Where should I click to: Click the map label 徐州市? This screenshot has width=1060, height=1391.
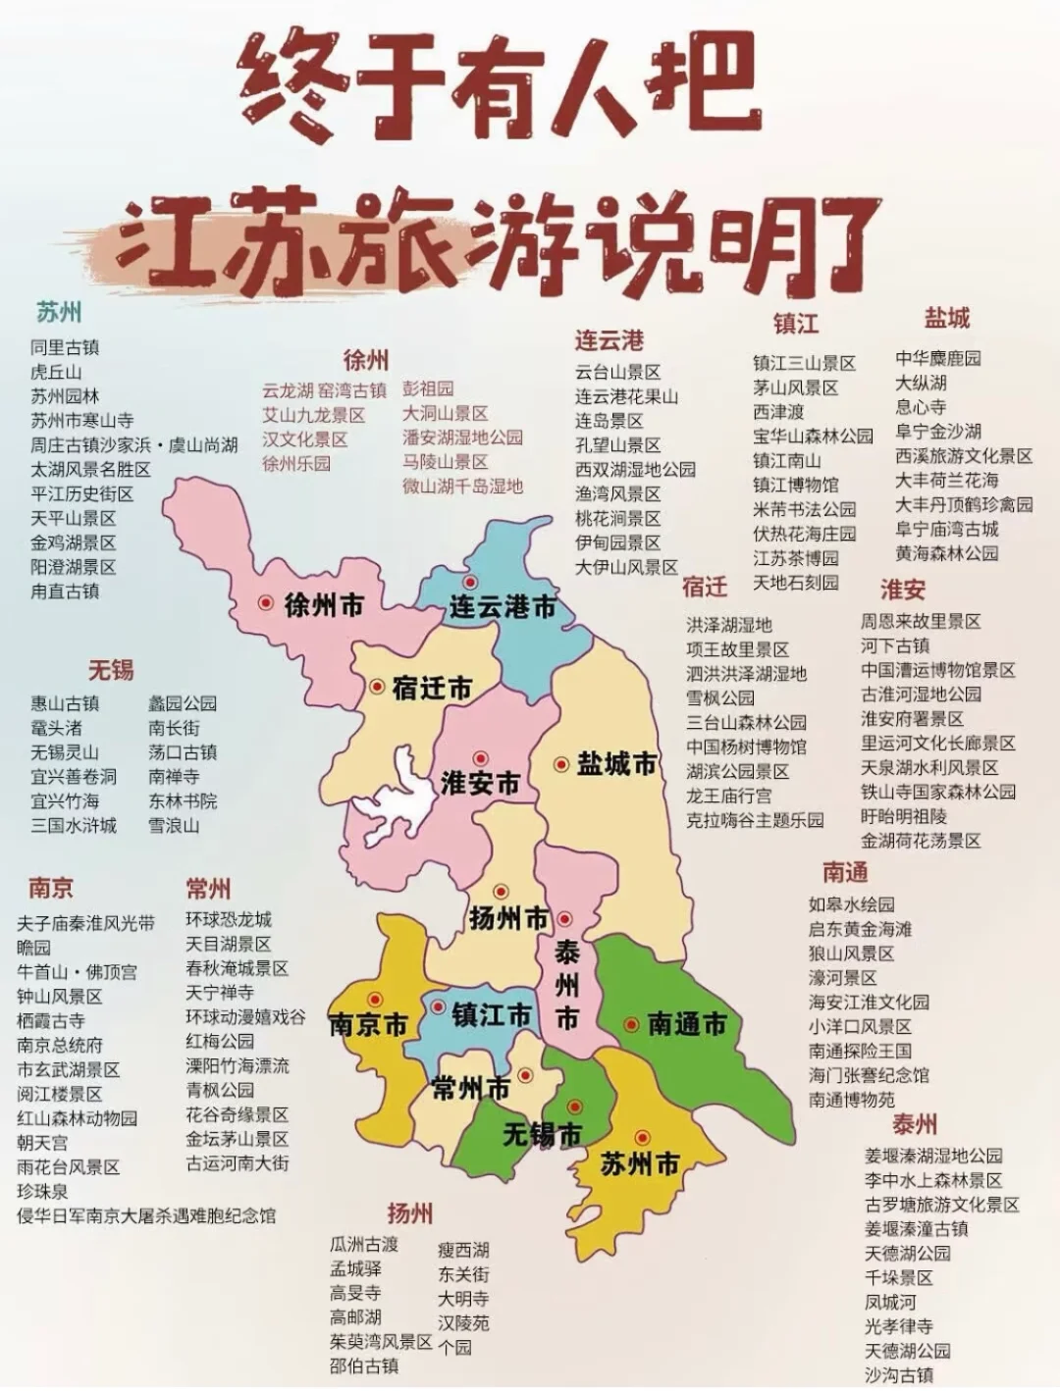(x=323, y=605)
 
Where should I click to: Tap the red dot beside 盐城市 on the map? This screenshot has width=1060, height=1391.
(x=561, y=764)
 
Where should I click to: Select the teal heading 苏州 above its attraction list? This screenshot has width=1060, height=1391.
(x=59, y=313)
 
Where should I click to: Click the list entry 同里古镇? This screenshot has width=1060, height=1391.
(x=65, y=348)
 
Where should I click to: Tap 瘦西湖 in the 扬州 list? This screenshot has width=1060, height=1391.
(x=463, y=1251)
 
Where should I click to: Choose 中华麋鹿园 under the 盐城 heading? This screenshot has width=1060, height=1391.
(x=937, y=359)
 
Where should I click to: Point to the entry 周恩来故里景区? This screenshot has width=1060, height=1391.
(x=921, y=622)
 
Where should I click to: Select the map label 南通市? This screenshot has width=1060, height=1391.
(x=686, y=1025)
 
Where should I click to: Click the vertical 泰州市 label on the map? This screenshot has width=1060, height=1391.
(x=566, y=985)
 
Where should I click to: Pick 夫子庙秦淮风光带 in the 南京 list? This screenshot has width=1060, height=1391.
(x=85, y=923)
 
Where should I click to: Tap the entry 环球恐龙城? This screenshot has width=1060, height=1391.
(x=229, y=920)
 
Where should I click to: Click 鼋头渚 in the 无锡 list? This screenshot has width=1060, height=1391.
(x=56, y=728)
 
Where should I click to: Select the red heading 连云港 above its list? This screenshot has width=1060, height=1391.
(x=609, y=340)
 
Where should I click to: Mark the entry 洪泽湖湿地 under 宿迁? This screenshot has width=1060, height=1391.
(x=728, y=625)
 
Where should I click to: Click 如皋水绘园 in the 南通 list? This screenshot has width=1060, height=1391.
(x=851, y=904)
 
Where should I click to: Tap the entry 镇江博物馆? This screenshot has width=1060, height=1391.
(x=795, y=485)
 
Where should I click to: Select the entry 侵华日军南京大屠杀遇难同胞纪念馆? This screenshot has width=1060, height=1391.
(x=146, y=1216)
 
